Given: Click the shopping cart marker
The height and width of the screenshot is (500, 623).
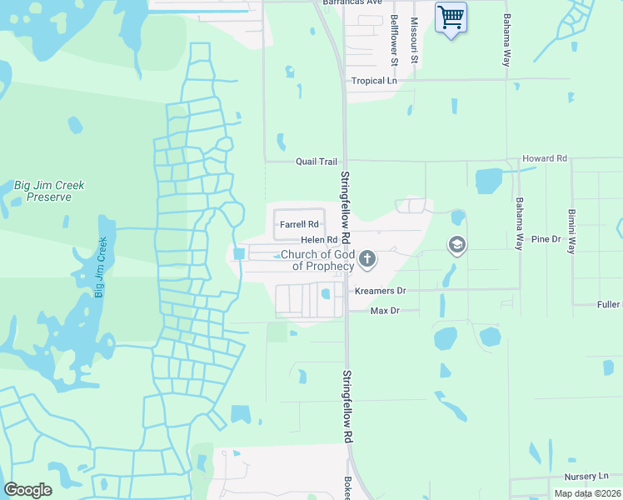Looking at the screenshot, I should click(x=451, y=17).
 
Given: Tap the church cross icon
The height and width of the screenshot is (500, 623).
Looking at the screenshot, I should click(x=367, y=261).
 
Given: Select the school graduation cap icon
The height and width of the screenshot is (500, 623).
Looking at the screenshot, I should click(x=456, y=245).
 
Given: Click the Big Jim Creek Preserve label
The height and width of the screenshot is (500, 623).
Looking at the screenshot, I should click(x=48, y=191).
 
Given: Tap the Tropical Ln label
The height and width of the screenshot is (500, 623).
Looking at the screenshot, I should click(x=373, y=81).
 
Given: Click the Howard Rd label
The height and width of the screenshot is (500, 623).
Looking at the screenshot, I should click(x=544, y=157).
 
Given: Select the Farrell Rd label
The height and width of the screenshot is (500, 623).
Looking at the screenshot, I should click(x=299, y=224).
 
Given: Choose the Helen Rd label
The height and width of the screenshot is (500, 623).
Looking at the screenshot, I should click(x=318, y=240).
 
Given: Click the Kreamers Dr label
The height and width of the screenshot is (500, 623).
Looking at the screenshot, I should click(x=380, y=291).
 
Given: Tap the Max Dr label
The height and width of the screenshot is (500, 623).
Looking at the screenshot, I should click(x=385, y=310).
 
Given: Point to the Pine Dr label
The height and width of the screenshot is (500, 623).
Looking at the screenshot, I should click(x=546, y=239).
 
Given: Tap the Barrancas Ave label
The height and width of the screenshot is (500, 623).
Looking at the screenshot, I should click(x=352, y=2).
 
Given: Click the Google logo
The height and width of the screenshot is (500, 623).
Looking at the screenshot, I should click(x=27, y=490).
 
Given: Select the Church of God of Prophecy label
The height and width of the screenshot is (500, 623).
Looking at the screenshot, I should click(x=317, y=260).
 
